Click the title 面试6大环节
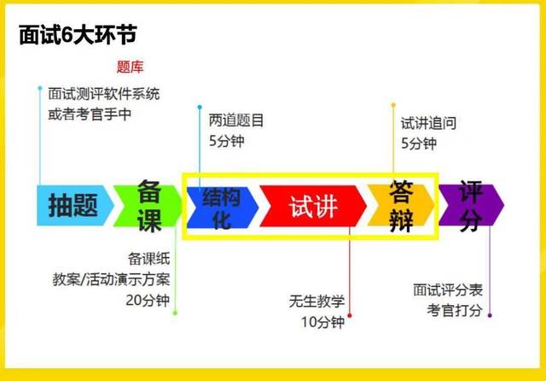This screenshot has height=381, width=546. pos(78,36)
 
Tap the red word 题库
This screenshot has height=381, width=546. pos(130,67)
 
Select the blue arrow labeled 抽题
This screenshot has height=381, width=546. pos(73,205)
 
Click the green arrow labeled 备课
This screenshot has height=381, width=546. pos(148,205)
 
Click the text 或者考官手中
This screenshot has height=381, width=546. pos(90,113)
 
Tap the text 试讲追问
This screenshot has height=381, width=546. pos(428,123)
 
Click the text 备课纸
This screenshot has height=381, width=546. pos(149,258)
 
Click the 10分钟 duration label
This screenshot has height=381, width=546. pos(322,322)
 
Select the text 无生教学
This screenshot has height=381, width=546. pos(317,301)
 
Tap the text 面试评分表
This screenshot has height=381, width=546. pos(447,289)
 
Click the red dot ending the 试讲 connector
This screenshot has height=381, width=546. pos(350,315)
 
